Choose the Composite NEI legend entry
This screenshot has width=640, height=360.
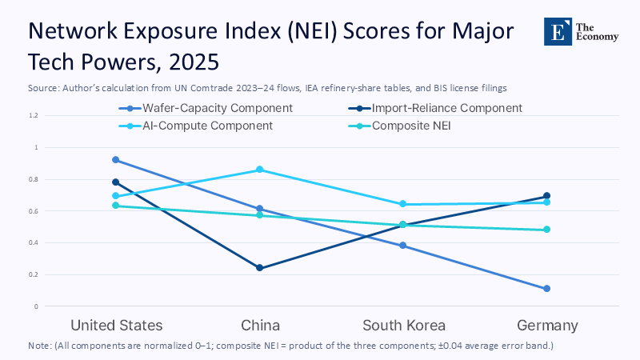click(417, 126)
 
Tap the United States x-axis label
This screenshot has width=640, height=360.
click(117, 326)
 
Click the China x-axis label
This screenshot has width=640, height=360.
click(260, 326)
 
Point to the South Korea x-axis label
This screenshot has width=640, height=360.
click(403, 326)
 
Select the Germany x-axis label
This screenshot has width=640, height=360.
click(546, 326)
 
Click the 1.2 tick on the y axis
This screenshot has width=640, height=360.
click(33, 115)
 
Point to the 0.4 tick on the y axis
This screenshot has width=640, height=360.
click(33, 242)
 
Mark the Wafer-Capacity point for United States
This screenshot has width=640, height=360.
click(117, 160)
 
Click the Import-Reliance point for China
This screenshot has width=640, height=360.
click(260, 268)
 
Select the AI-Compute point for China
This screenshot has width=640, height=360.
click(260, 170)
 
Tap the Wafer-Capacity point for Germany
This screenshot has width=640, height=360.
click(546, 289)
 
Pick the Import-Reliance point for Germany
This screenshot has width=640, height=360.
click(546, 196)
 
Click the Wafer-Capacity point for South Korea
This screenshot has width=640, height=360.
click(403, 246)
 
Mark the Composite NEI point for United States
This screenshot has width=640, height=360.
click(117, 206)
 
